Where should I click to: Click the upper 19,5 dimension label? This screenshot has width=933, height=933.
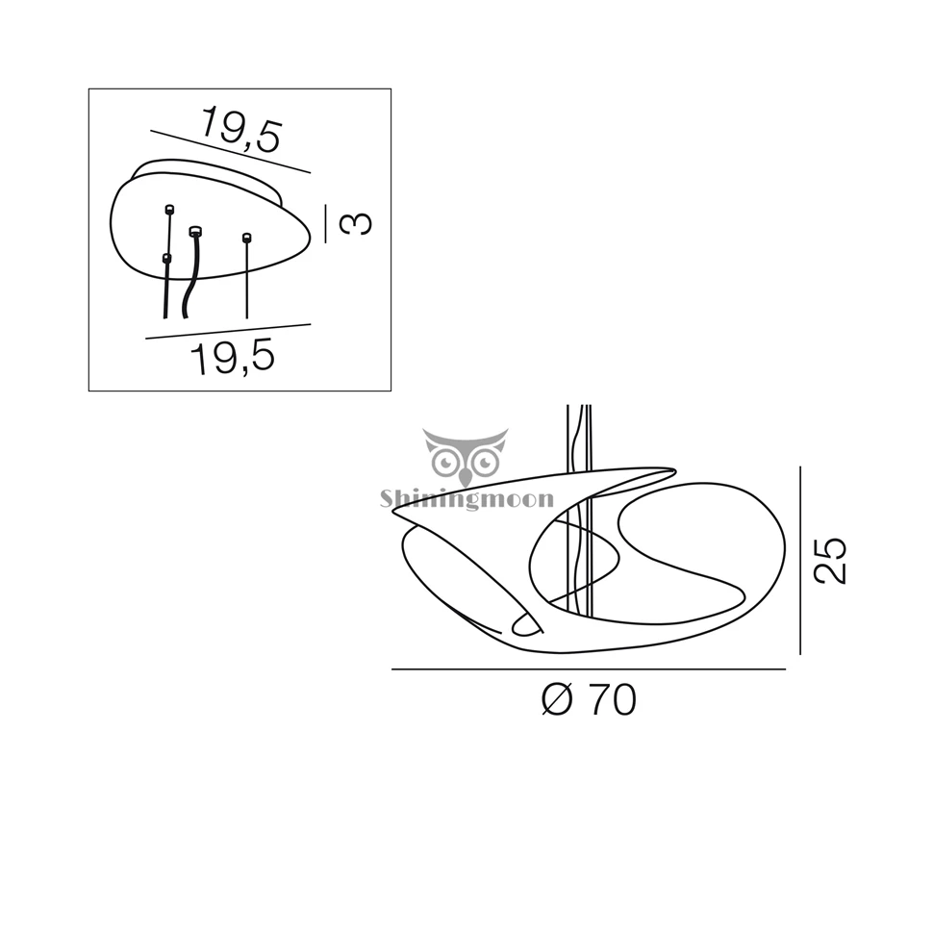[x=240, y=130]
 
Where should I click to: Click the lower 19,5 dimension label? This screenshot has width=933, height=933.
[x=233, y=357]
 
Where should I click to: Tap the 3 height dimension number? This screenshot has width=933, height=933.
[x=356, y=224]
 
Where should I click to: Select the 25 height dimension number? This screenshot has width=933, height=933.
[x=830, y=561]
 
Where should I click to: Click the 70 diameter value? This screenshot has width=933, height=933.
[x=613, y=700]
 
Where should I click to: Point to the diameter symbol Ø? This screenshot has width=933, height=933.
[x=558, y=700]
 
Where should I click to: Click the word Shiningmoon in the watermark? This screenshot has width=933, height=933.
[x=467, y=498]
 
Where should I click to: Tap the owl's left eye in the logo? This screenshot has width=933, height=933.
[x=445, y=463]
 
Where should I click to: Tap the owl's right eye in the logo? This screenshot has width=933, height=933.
[x=486, y=462]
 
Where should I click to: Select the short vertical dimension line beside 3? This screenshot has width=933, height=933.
[x=325, y=224]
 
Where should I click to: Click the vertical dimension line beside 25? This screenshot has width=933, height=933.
[x=800, y=561]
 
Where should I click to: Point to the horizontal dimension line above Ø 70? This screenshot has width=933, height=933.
[x=589, y=669]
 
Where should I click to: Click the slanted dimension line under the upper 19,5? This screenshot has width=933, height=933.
[x=230, y=152]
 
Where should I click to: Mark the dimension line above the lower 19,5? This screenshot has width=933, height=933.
[x=229, y=332]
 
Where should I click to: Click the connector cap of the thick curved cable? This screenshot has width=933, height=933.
[x=195, y=231]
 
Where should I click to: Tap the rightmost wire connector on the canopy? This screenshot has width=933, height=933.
[x=247, y=238]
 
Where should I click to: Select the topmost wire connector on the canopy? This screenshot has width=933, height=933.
[x=169, y=209]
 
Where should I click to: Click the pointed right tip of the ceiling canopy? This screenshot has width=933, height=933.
[x=310, y=237]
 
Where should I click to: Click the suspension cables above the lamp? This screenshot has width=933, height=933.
[x=579, y=436]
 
